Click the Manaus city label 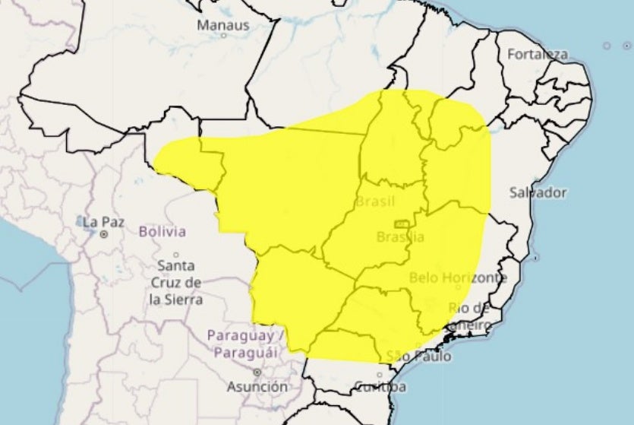point(222,25)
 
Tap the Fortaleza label point(537,55)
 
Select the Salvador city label point(538,192)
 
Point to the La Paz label point(103,222)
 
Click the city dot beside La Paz point(103,235)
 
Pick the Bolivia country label point(162,231)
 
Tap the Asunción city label point(257,386)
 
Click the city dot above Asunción point(257,372)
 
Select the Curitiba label point(380,387)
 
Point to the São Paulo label point(418,356)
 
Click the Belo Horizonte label point(458,278)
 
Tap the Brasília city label point(400,237)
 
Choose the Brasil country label point(375,201)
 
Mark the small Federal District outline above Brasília point(401,224)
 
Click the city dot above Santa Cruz point(176,255)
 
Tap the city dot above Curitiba point(380,374)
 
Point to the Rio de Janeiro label point(469,316)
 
